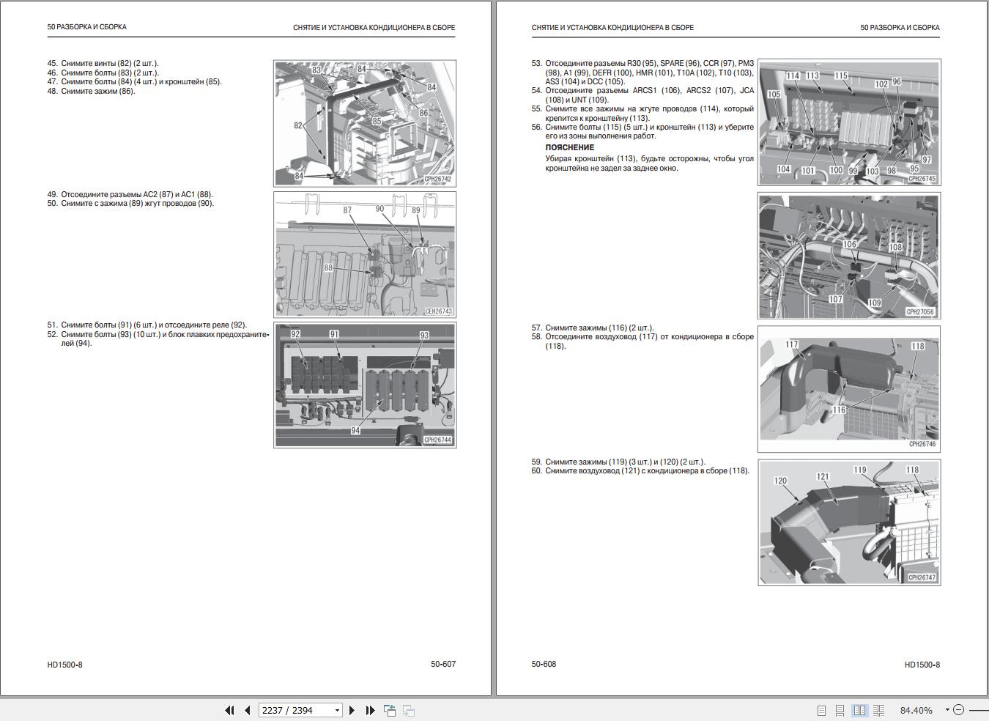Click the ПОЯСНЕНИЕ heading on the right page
[x=569, y=147]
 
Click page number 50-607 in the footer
[x=443, y=665]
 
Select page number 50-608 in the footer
[x=544, y=665]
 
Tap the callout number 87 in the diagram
[x=347, y=210]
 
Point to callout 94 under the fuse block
[x=355, y=431]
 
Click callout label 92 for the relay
[x=295, y=334]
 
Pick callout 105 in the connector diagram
[x=774, y=95]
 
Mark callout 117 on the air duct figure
[x=792, y=344]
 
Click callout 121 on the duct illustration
[x=823, y=477]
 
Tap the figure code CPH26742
[x=437, y=180]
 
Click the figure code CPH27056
[x=921, y=312]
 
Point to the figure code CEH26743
[x=438, y=311]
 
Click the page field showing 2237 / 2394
[x=293, y=710]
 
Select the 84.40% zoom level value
[x=916, y=710]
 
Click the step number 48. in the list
[x=53, y=92]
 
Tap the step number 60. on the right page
[x=537, y=471]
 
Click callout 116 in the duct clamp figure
[x=839, y=410]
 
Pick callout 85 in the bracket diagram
[x=377, y=122]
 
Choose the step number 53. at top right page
[x=537, y=64]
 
